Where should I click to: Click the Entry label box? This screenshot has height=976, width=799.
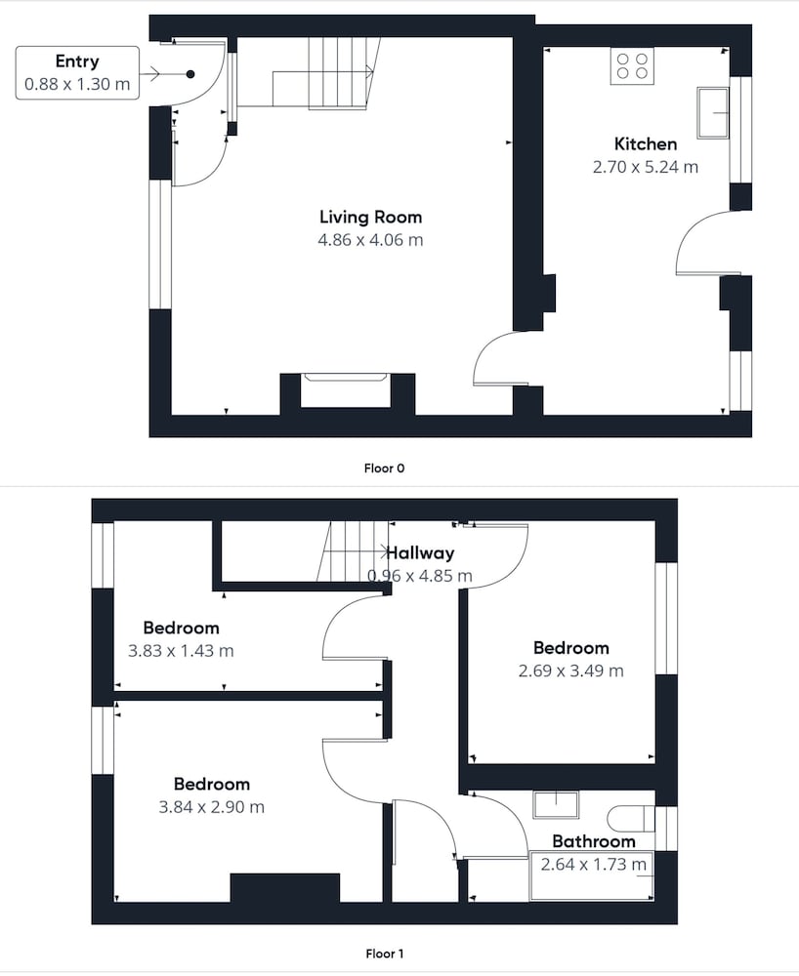click(x=77, y=72)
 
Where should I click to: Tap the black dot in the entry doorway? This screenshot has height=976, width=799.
click(x=190, y=74)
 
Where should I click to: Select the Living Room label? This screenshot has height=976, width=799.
click(x=370, y=218)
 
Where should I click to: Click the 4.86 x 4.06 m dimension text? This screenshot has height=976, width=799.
click(x=370, y=240)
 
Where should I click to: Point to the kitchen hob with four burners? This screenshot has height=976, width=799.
click(x=632, y=66)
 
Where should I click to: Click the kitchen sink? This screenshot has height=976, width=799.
click(x=713, y=112)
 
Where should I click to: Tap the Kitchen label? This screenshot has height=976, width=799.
click(x=646, y=144)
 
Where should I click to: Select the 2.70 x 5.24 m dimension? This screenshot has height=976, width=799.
click(x=646, y=167)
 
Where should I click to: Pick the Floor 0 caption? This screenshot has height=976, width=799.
click(x=384, y=468)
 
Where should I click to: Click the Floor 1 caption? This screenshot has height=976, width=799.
click(x=384, y=954)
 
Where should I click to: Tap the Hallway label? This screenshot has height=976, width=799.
click(x=420, y=552)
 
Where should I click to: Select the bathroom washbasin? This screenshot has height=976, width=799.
click(x=556, y=804)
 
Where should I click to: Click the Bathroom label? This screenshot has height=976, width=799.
click(x=594, y=841)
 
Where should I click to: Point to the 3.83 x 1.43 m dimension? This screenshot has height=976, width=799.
click(x=181, y=651)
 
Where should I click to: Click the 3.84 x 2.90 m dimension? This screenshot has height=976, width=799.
click(x=211, y=807)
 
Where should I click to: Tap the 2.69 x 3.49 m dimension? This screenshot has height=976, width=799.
click(x=570, y=671)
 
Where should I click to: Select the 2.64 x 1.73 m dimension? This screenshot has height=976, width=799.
click(x=593, y=864)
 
